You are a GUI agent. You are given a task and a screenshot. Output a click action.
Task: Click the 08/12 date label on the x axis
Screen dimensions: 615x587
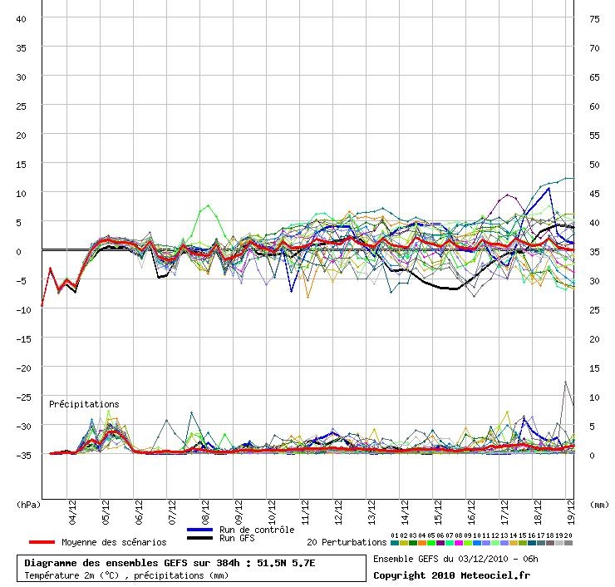[205, 512]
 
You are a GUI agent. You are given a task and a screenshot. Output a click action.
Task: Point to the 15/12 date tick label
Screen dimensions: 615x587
[438, 512]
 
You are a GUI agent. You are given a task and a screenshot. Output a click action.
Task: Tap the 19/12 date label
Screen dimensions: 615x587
[571, 512]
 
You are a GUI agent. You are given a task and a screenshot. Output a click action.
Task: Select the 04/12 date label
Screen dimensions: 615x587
[72, 512]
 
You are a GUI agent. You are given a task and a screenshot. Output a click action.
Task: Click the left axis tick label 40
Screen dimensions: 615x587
[21, 19]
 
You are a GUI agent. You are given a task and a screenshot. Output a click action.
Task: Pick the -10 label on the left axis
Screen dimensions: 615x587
[23, 310]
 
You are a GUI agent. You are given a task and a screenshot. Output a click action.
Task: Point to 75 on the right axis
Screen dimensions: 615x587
[594, 19]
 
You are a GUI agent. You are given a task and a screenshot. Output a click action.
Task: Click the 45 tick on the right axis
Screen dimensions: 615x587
[594, 194]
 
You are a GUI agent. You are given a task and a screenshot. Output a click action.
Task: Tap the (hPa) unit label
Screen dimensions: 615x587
[28, 505]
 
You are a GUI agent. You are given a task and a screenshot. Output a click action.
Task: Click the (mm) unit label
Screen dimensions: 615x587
[599, 505]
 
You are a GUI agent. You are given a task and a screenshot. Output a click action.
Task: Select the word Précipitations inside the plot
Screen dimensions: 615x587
[84, 404]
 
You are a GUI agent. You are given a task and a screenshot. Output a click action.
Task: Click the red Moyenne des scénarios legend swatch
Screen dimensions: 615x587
[42, 542]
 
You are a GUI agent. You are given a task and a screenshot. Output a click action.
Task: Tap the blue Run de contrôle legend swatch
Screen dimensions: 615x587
[200, 530]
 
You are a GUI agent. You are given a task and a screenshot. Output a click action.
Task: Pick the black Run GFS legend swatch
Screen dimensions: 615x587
[200, 538]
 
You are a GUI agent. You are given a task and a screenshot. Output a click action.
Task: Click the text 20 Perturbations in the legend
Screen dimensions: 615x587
[347, 542]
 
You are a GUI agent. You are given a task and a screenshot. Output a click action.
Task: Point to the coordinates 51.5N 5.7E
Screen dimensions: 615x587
[286, 563]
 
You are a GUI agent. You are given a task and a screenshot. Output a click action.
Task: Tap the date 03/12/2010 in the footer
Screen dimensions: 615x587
[483, 559]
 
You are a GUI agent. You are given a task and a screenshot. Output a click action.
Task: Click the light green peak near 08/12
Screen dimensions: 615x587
[209, 205]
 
